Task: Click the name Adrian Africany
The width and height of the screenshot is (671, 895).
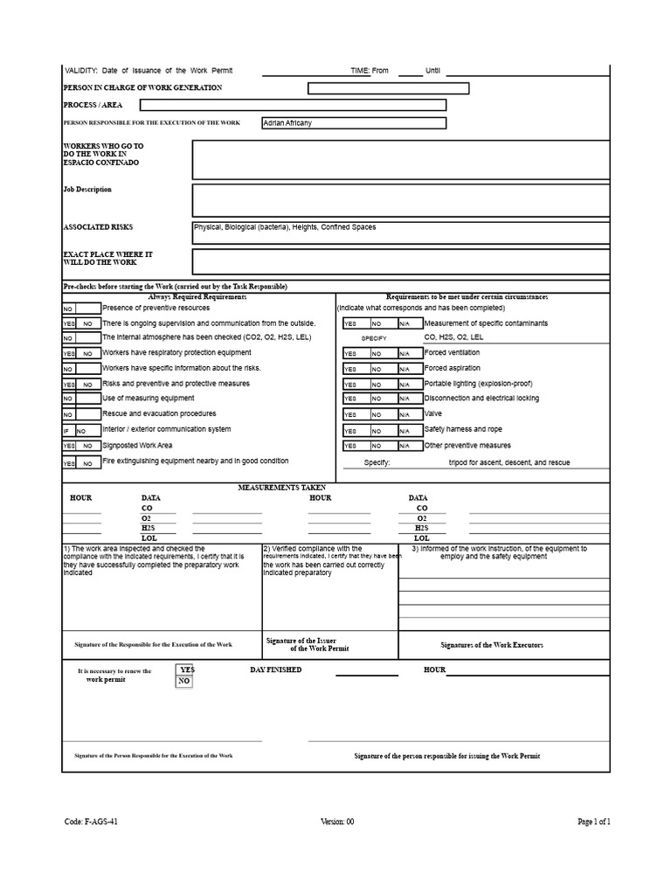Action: (287, 123)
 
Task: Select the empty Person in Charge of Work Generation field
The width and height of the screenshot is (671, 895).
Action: (388, 88)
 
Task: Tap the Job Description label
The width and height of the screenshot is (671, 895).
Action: (87, 189)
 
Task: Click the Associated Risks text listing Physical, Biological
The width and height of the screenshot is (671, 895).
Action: (285, 227)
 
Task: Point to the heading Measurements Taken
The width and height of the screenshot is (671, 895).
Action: (282, 487)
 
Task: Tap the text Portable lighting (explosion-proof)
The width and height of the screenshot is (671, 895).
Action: (477, 384)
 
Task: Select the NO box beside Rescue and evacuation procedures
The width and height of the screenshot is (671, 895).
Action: (69, 414)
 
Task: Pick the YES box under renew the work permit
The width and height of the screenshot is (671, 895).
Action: (186, 670)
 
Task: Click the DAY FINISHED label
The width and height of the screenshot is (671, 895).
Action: (275, 670)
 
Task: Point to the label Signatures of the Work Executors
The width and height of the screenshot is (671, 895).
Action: (492, 644)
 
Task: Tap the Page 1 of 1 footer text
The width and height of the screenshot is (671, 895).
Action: (593, 822)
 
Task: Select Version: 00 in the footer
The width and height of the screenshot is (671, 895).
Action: (337, 822)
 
